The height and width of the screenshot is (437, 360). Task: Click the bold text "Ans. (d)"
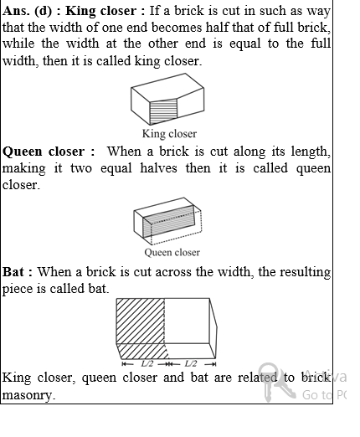pos(26,12)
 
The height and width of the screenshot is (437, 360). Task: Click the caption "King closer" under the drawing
pos(169,134)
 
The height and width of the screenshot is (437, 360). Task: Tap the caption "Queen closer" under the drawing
pos(172,252)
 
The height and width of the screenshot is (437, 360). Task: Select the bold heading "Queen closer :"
pos(44,152)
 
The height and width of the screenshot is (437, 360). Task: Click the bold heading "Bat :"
pos(18,272)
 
